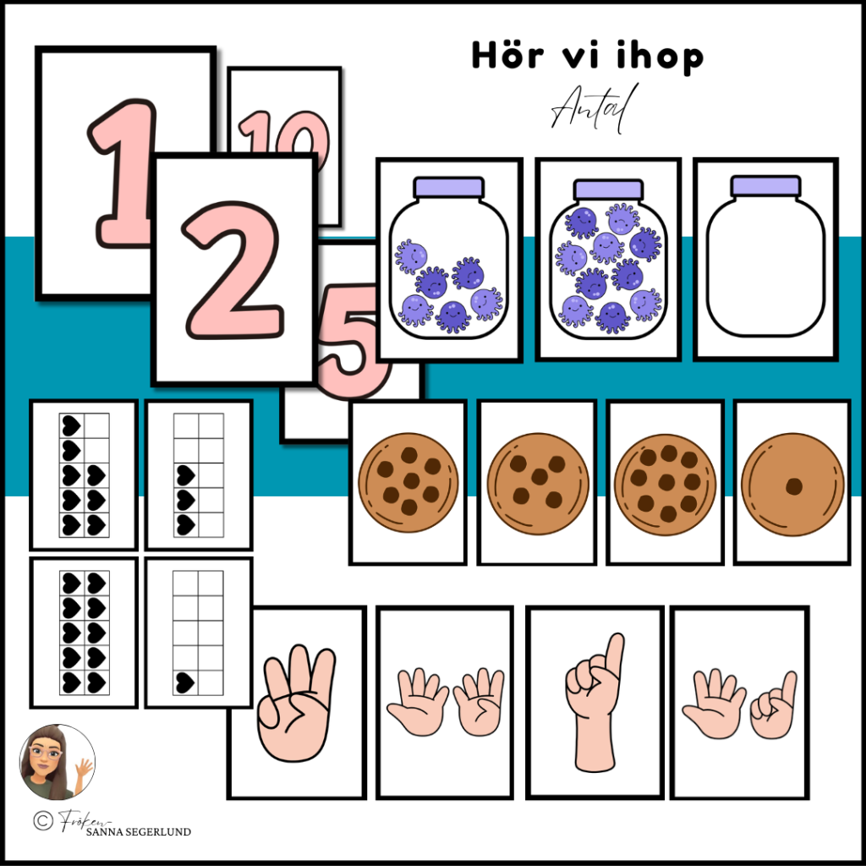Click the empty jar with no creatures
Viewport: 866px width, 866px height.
point(765,257)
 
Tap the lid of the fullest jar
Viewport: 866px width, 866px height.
point(607,189)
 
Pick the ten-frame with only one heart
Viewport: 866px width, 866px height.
point(198,632)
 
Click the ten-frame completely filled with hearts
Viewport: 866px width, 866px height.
point(83,632)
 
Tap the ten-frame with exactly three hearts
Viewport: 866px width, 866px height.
point(198,474)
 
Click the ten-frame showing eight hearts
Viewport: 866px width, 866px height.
point(83,474)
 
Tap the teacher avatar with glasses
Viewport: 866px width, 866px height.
point(56,762)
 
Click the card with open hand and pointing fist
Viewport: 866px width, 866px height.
point(739,702)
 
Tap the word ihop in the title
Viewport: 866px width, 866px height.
point(655,58)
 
